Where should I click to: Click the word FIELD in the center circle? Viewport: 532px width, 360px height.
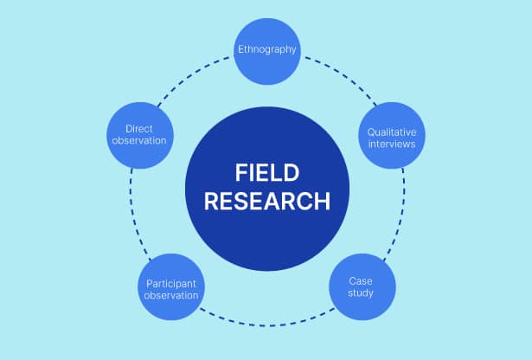[266, 172]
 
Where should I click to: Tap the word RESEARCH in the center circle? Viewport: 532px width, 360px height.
[266, 202]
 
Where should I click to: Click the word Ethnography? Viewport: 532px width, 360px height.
[267, 49]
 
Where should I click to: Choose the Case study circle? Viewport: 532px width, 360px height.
[362, 286]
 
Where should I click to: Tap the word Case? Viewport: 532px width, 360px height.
[362, 280]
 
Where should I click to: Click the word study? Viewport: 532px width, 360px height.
[362, 294]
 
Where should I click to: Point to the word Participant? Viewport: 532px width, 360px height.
[171, 283]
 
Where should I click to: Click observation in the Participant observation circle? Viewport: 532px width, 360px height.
[171, 296]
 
